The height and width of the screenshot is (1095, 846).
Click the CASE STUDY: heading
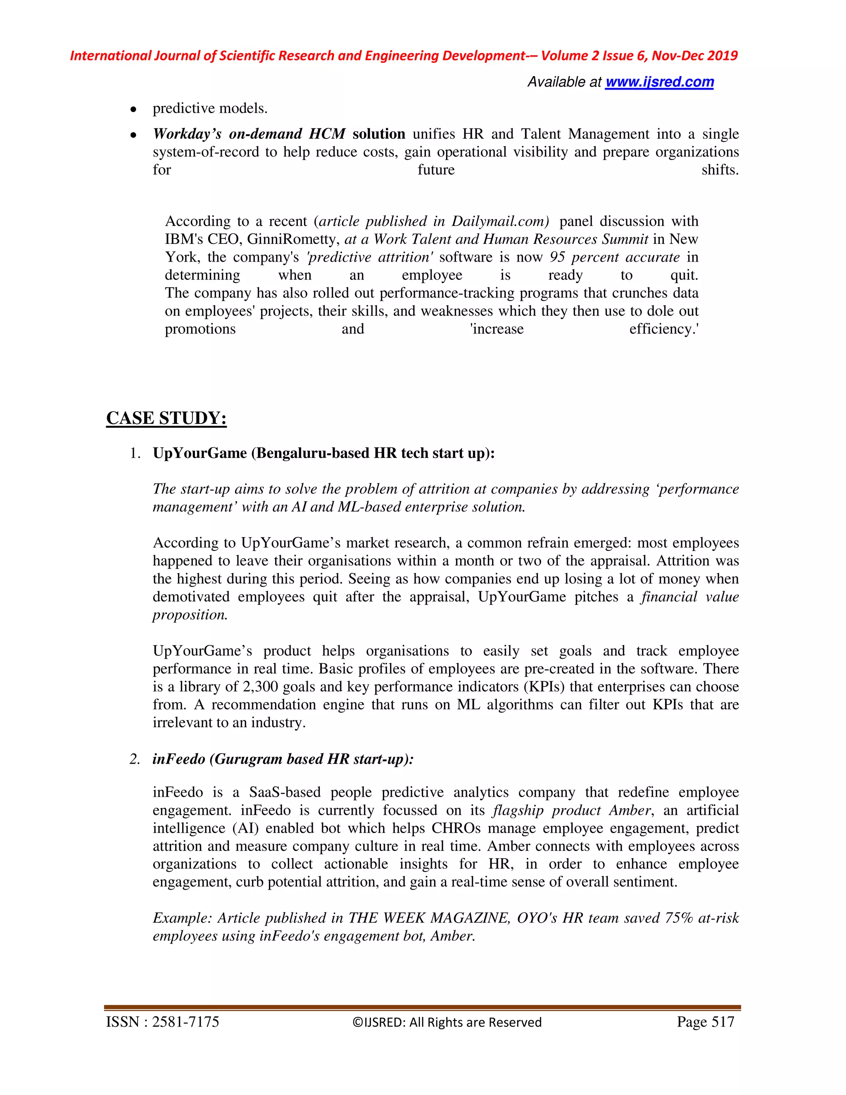166,418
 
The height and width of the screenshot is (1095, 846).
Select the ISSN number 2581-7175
185,1022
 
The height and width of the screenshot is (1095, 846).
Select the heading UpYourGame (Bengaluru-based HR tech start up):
323,453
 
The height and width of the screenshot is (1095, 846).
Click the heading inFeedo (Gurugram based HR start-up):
283,759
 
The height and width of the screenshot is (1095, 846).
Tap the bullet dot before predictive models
133,109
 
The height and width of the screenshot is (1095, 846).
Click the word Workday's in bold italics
187,134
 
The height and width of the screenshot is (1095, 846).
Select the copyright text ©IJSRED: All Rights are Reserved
447,1023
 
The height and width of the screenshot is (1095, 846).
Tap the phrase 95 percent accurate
614,257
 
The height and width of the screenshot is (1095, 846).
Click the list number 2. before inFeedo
135,759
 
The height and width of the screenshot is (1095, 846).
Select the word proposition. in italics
190,615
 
